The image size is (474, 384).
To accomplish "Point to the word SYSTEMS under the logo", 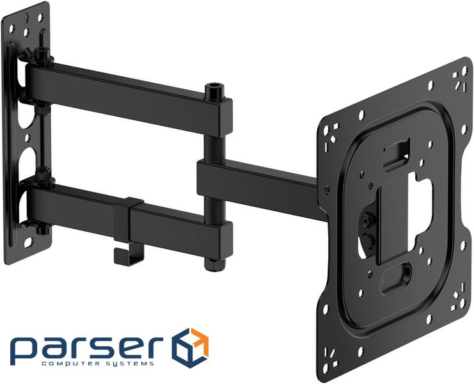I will click(130, 364).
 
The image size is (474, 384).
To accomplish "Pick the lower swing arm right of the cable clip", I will click(179, 224).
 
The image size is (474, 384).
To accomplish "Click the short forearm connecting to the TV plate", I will click(256, 182).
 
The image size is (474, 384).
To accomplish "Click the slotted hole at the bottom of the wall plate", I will click(29, 243).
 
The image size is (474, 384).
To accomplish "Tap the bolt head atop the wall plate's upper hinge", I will click(40, 51).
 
